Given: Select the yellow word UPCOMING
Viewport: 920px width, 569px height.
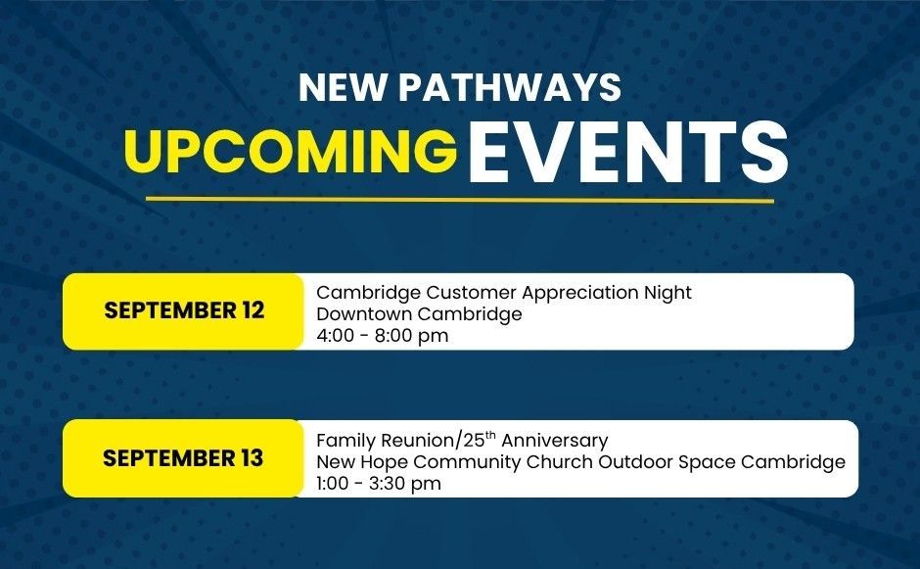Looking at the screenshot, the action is click(291, 152).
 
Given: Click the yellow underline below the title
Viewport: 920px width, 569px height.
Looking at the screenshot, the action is click(459, 200).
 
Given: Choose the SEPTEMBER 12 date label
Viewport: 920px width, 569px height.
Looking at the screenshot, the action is click(184, 310).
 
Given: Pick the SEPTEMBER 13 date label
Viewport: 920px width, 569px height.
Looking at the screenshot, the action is click(183, 458).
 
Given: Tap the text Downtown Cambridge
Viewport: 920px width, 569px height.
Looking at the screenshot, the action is click(419, 314).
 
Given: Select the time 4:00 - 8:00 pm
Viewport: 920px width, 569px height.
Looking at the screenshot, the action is click(382, 336).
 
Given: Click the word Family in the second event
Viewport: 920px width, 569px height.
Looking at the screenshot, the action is click(346, 441).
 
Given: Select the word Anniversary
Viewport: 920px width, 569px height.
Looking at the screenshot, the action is click(555, 441).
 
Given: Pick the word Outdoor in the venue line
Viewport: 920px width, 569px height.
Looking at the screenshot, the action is click(635, 462).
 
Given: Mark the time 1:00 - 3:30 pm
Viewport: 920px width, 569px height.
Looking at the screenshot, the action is click(379, 484).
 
